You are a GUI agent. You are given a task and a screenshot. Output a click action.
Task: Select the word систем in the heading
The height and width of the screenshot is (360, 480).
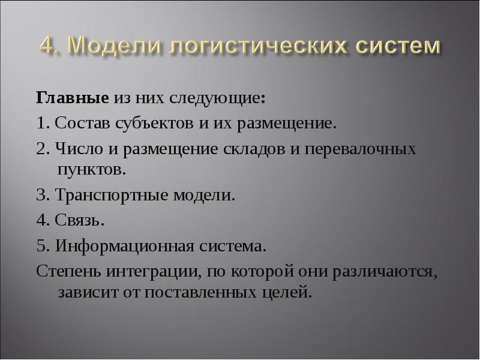coord(388,46)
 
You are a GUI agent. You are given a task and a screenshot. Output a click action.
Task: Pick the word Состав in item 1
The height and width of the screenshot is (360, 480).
coord(76,125)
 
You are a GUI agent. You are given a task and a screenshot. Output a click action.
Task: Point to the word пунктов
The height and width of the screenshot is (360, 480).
coord(91,169)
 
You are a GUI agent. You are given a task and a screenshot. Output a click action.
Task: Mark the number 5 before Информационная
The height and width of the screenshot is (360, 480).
coord(40,247)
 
